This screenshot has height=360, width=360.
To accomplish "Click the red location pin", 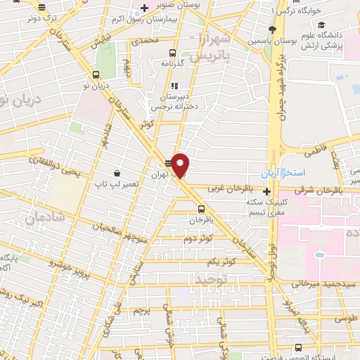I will [181, 165].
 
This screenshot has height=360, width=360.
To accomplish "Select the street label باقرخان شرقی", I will [323, 189].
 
